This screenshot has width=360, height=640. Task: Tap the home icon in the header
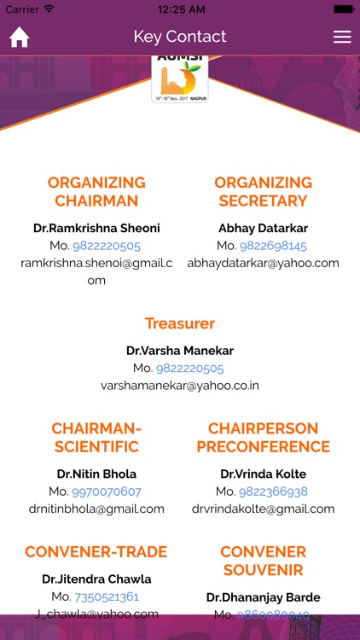(19, 38)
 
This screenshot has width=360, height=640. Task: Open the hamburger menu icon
(342, 37)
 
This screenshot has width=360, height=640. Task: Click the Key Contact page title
(180, 37)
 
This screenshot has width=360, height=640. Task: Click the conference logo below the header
(180, 79)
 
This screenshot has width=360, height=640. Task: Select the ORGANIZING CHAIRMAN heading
(96, 192)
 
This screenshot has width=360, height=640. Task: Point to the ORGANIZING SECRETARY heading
(263, 192)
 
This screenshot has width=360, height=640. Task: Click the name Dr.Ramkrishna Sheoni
(96, 229)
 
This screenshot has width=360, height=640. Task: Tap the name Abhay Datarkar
(263, 229)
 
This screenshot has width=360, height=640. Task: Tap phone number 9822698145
(273, 246)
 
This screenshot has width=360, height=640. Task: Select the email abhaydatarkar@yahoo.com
(263, 263)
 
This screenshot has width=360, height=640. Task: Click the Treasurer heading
(180, 323)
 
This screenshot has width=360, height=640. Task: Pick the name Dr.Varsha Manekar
(180, 351)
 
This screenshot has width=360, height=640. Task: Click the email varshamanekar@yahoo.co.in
(180, 386)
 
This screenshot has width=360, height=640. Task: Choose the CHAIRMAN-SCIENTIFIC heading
(96, 437)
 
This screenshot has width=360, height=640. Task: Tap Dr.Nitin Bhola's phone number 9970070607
(107, 492)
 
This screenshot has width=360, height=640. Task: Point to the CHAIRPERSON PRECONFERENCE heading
(263, 437)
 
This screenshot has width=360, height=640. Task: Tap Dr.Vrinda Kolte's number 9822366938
(273, 492)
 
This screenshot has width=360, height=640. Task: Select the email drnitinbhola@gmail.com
(96, 509)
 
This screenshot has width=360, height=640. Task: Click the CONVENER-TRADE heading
(96, 551)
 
